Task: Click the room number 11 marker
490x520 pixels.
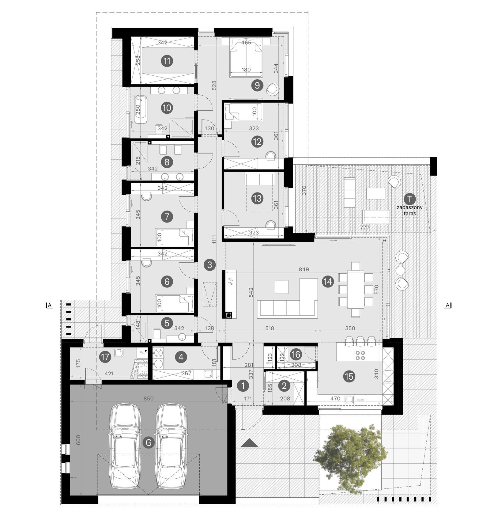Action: (x=167, y=61)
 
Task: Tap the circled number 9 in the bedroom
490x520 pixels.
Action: (x=257, y=85)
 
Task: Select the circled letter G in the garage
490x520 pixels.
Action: (x=149, y=442)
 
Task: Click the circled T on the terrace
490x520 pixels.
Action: (x=409, y=198)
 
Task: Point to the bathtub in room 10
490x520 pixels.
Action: (x=141, y=109)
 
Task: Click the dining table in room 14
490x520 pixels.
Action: (x=355, y=289)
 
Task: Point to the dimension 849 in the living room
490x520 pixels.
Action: (x=304, y=269)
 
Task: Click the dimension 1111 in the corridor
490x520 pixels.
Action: (x=214, y=239)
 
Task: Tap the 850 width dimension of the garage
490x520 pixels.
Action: (x=148, y=398)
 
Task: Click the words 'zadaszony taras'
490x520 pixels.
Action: (x=409, y=210)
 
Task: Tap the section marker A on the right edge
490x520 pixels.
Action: (x=448, y=305)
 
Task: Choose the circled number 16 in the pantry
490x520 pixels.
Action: (x=296, y=355)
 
